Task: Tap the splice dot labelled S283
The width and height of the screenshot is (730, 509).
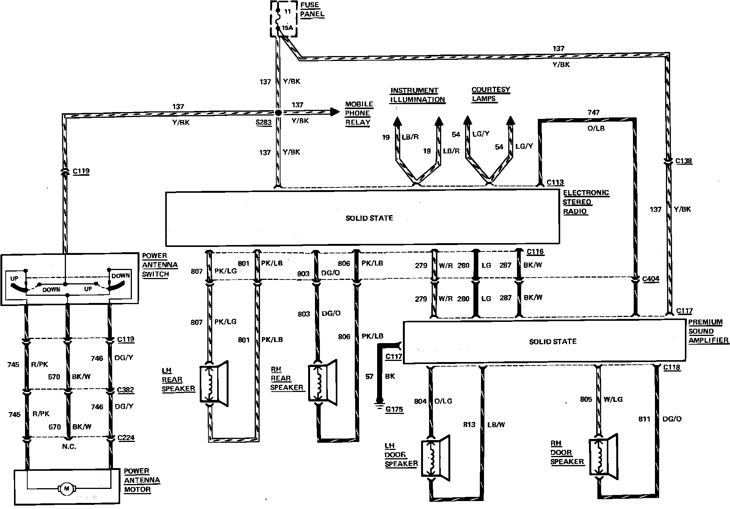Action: point(278,112)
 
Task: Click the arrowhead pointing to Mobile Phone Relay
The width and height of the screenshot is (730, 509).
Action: point(334,112)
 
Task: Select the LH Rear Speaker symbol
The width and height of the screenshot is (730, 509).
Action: point(214,384)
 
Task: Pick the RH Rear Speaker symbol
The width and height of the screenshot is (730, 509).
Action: point(322,383)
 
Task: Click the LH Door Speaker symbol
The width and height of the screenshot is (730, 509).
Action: point(435,458)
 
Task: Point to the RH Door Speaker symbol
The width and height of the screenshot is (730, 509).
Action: point(603,456)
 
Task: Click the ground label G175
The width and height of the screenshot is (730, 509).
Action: point(394,409)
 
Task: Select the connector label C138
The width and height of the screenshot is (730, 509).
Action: point(684,161)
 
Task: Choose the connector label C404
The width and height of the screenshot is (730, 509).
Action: point(650,279)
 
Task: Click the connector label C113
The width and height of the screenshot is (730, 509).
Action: point(555,183)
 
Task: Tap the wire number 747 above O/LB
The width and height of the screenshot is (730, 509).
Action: point(594,112)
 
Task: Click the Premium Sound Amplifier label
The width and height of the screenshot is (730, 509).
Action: point(708,331)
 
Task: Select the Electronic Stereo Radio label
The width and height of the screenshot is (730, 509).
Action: point(585,202)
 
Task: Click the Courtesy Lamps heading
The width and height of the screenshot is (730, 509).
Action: point(490,94)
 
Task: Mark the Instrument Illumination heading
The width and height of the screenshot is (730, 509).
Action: point(417,95)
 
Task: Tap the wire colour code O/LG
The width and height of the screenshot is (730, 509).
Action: point(443,401)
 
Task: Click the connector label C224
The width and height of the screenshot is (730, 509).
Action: point(126,438)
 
